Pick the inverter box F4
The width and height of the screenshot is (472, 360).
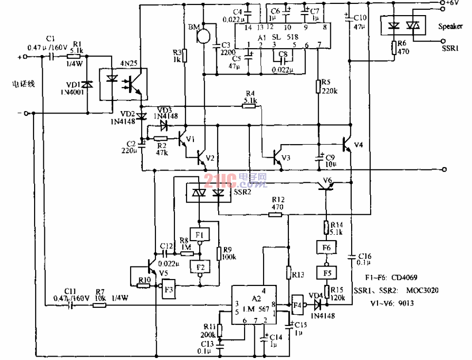point(298,305)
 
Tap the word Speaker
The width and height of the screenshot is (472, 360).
point(450,27)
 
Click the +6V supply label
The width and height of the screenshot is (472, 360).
point(457,3)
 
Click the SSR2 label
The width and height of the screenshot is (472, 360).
point(243,193)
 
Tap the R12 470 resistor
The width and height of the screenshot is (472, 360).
point(275,214)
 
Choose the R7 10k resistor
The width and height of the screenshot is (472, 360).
point(99,305)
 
